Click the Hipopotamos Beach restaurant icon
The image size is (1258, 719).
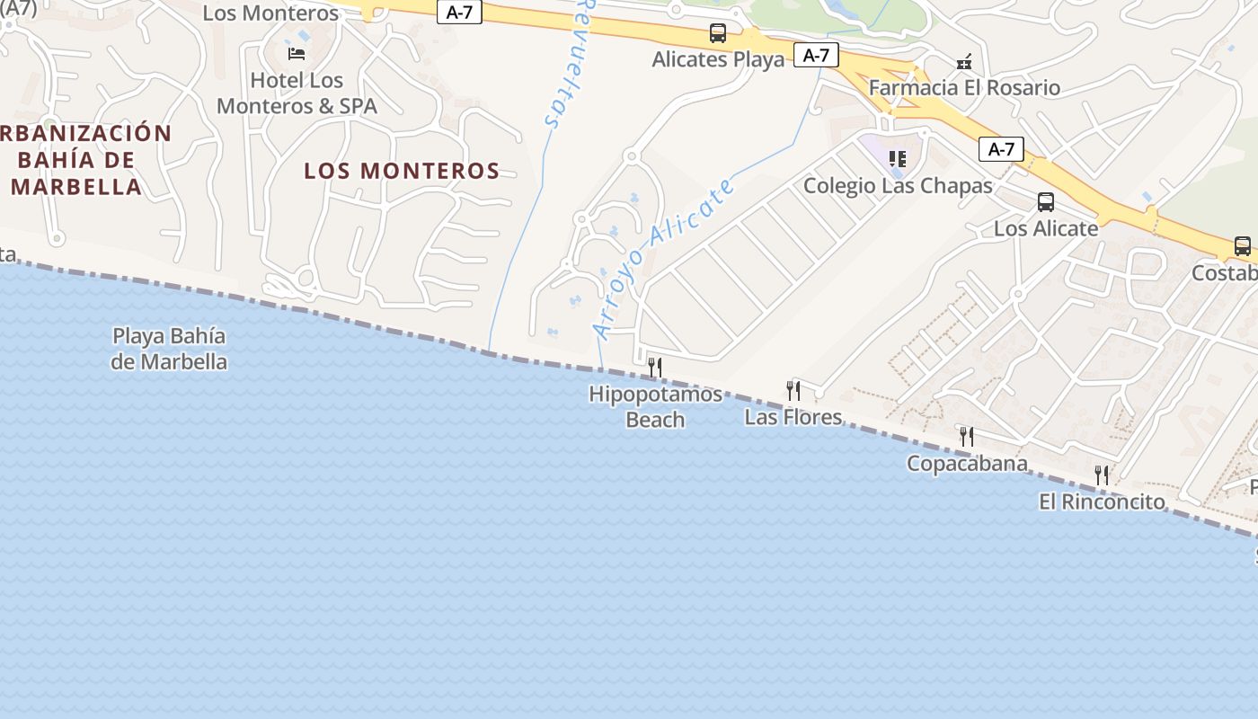click(x=655, y=367)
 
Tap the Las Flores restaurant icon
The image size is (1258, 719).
click(x=793, y=390)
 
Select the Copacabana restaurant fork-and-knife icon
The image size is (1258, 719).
click(x=966, y=437)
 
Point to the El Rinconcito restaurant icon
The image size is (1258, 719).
click(x=1101, y=475)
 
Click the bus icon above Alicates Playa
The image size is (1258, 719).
click(x=717, y=33)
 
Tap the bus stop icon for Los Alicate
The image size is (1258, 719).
click(x=1045, y=202)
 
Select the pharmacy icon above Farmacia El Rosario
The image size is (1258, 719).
click(x=964, y=62)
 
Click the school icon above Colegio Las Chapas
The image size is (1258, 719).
click(x=897, y=159)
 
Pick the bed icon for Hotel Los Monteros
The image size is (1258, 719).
click(x=297, y=53)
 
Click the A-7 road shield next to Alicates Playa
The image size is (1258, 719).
click(x=816, y=56)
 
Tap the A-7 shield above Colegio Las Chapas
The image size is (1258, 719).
click(x=1001, y=149)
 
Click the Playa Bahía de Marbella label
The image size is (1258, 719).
click(x=169, y=349)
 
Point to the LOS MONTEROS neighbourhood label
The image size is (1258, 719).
click(x=402, y=171)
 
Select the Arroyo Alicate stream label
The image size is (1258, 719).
click(x=665, y=259)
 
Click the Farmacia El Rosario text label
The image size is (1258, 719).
click(x=964, y=88)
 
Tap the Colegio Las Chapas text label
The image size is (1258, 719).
click(x=898, y=186)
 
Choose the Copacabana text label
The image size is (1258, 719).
click(x=967, y=464)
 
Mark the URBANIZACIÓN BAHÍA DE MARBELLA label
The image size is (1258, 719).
click(x=81, y=160)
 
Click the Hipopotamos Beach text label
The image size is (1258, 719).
click(x=655, y=406)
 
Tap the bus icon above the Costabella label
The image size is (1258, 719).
click(x=1242, y=246)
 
